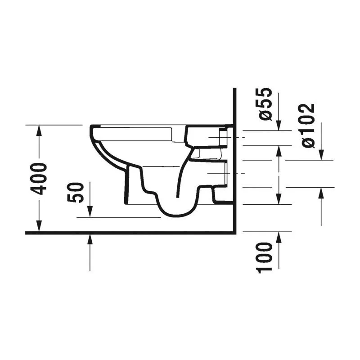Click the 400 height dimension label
(39, 179)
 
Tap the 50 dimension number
(75, 193)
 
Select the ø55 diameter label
(265, 104)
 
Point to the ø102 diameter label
(308, 126)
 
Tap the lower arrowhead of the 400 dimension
(39, 226)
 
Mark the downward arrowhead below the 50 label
(90, 211)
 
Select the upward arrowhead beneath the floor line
(90, 240)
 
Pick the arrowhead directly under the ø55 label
(279, 125)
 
